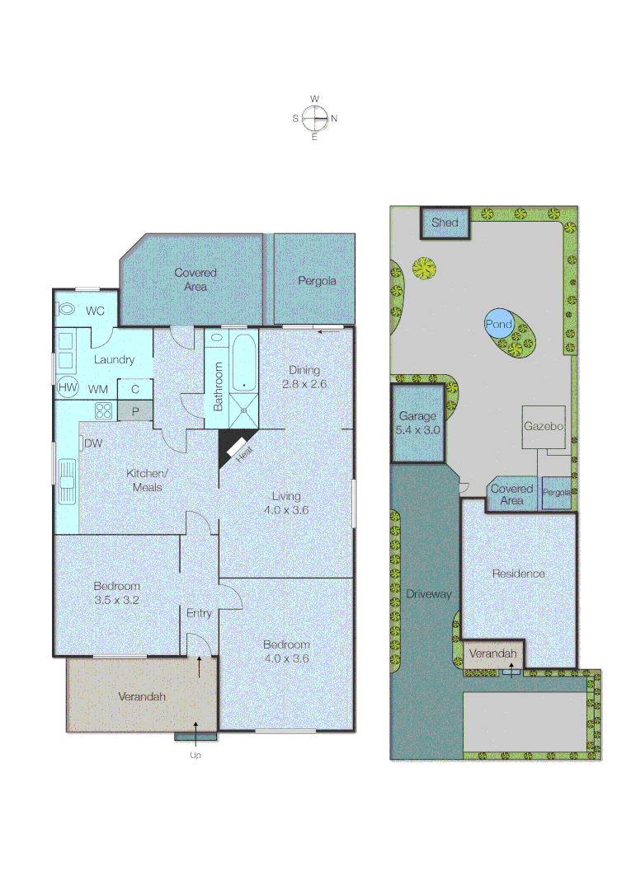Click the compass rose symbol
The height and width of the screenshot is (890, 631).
tap(314, 119)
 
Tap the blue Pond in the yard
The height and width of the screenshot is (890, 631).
tap(498, 324)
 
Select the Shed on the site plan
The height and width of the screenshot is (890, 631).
tap(445, 222)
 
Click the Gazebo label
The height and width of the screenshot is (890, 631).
tap(543, 427)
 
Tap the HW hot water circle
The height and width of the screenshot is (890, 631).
tap(67, 388)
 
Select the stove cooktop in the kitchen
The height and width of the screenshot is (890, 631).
tap(104, 410)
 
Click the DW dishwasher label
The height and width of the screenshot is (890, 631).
tap(93, 443)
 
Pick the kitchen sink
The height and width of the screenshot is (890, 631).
tap(66, 480)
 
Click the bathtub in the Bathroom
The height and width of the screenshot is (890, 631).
tap(243, 363)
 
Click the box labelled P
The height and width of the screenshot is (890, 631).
tap(134, 410)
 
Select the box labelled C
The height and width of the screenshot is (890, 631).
tap(134, 388)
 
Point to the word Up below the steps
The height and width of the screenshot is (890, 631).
tap(195, 754)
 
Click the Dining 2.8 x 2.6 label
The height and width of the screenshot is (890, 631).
tap(304, 377)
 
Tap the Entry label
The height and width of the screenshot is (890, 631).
tap(199, 613)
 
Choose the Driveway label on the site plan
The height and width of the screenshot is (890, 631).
tap(429, 593)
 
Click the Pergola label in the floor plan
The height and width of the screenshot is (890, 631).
tap(317, 281)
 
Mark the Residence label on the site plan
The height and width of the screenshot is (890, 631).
tap(518, 574)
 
